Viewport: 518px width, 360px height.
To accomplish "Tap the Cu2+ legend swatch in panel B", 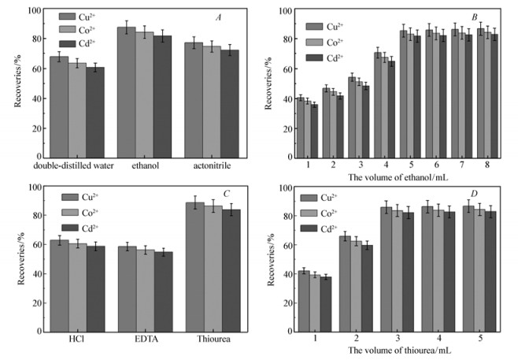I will pos(316,25).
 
